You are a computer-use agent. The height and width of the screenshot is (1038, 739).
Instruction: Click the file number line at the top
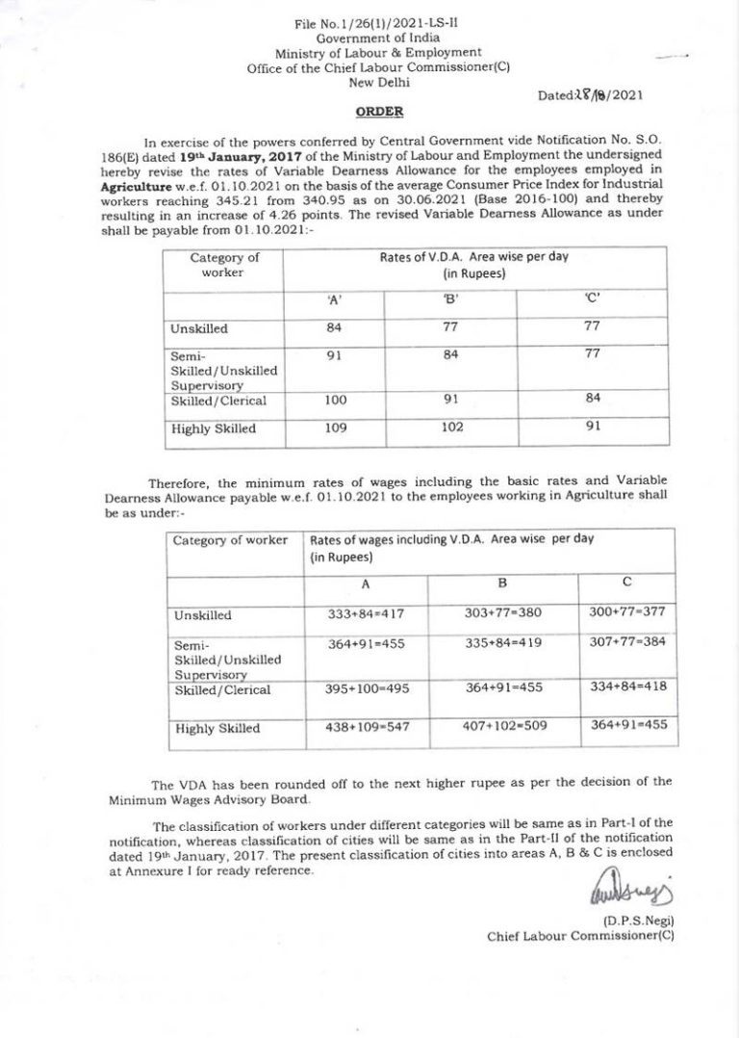(x=364, y=23)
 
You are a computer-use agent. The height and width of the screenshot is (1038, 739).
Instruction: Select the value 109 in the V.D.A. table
(x=335, y=428)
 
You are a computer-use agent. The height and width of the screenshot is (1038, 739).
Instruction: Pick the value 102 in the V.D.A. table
(x=451, y=428)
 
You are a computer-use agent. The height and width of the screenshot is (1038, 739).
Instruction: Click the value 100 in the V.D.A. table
(x=335, y=399)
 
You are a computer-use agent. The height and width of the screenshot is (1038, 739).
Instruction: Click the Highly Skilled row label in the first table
(x=214, y=429)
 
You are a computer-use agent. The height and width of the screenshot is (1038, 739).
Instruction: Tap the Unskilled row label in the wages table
(x=202, y=615)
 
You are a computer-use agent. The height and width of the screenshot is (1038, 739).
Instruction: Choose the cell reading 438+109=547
(x=368, y=727)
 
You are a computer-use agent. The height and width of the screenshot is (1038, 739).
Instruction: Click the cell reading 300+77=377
(x=626, y=611)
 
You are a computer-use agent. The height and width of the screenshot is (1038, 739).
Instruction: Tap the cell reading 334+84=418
(x=626, y=687)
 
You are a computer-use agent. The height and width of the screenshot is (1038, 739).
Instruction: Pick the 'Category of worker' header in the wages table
(x=230, y=540)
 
